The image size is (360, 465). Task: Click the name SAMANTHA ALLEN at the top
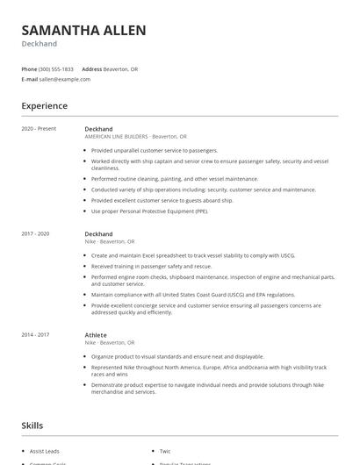point(83,31)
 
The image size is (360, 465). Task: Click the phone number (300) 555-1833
point(56,69)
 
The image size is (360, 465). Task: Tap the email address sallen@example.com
point(65,79)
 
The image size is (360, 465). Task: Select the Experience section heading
point(44,106)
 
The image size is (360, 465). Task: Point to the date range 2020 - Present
point(39,129)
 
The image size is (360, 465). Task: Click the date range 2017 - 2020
point(35,234)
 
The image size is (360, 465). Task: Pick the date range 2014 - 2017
point(35,335)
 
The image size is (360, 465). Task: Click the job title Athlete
point(96,335)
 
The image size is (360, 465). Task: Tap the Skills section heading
point(32,426)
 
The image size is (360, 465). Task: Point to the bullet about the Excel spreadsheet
point(193,255)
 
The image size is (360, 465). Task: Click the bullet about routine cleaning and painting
point(175,178)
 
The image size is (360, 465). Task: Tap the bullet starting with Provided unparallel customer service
point(155,150)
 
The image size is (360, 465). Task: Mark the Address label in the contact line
point(92,69)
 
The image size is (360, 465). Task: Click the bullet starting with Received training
point(151,266)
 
